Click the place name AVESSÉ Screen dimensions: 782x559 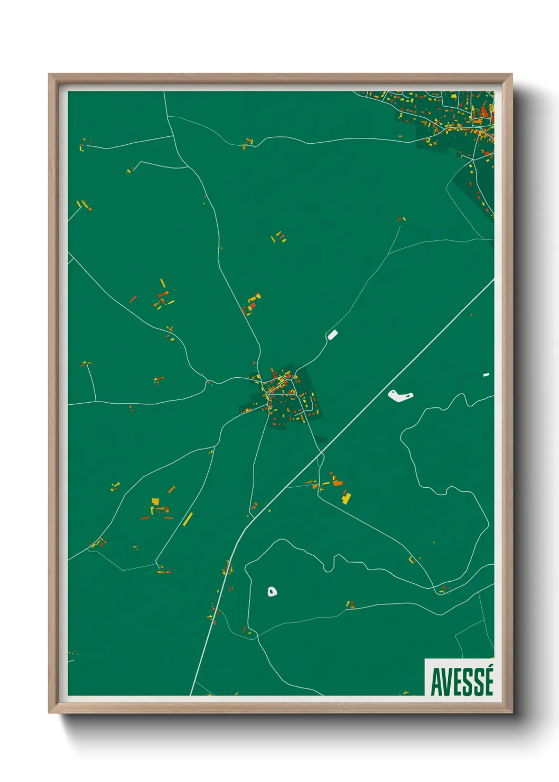click(462, 682)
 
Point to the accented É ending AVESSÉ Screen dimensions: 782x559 click(489, 681)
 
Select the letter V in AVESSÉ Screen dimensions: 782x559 click(447, 682)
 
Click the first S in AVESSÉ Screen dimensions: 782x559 click(468, 682)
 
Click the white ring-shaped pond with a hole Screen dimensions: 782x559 click(272, 592)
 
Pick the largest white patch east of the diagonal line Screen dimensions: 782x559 click(399, 395)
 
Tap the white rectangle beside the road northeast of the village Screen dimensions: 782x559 click(332, 334)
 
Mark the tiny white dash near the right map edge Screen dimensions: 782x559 click(486, 375)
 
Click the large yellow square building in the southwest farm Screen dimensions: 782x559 click(155, 501)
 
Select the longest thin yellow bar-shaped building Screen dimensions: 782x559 click(188, 519)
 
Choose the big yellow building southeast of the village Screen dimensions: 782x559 click(347, 498)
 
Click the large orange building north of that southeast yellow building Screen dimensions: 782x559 click(337, 482)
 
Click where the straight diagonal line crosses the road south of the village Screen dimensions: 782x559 click(320, 453)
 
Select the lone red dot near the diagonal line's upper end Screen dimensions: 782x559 click(471, 315)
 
